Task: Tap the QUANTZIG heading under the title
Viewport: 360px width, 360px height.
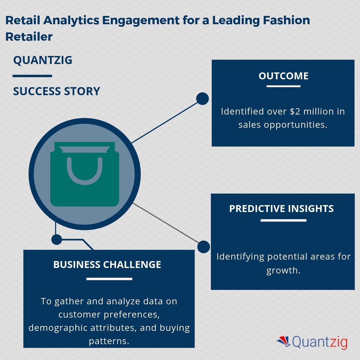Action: point(43,60)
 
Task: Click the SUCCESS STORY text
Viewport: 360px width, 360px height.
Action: point(57,91)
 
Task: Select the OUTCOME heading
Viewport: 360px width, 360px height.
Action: point(284,76)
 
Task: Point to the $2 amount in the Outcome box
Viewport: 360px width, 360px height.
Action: point(295,111)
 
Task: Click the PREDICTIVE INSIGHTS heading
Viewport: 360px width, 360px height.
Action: point(281,209)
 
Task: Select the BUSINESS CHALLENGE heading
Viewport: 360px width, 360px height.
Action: point(107,265)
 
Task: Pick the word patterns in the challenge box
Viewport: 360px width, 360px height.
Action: point(109,341)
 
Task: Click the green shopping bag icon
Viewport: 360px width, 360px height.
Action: point(85,185)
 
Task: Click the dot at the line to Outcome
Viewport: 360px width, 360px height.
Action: point(202,99)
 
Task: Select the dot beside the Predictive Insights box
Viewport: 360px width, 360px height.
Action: point(204,247)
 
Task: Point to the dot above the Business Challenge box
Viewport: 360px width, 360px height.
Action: point(57,239)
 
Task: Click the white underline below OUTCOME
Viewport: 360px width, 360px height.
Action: point(283,86)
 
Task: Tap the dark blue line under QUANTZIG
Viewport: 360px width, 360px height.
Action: point(32,76)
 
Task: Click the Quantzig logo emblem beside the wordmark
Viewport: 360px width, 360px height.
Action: point(284,341)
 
